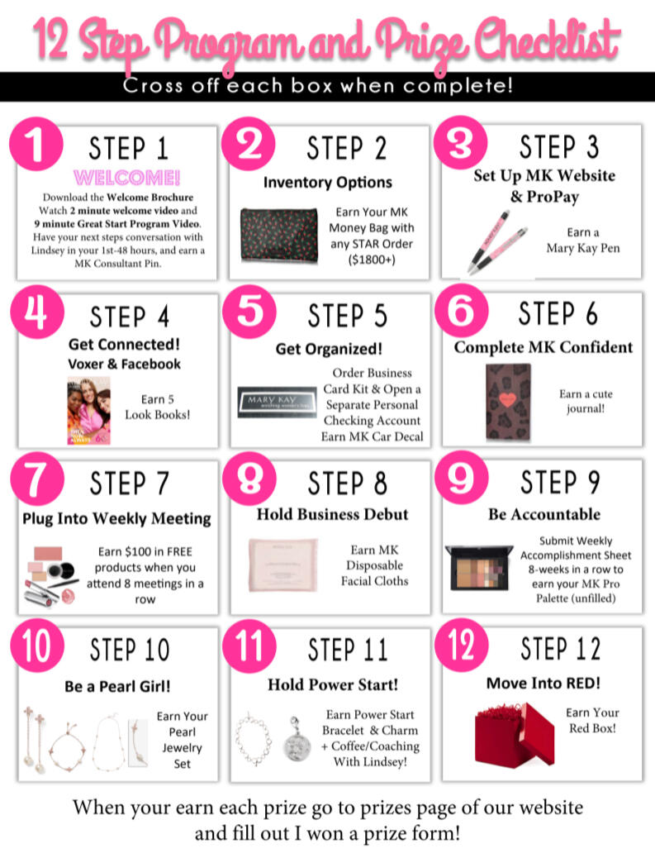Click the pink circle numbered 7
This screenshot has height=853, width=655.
point(37,479)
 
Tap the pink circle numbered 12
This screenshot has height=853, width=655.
point(461,646)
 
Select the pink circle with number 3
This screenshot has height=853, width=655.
point(460,142)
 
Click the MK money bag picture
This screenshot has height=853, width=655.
point(279,236)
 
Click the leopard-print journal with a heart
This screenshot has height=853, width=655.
point(508,402)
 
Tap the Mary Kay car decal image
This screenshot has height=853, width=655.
point(277,403)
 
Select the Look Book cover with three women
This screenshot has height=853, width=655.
point(88,411)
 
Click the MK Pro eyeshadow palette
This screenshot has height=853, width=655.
point(478,568)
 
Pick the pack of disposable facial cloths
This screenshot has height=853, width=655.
point(282,565)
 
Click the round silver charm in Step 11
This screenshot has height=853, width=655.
point(297,739)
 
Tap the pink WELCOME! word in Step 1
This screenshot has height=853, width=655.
point(126,178)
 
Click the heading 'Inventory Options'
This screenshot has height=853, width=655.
point(328,182)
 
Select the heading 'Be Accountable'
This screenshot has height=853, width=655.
point(544,514)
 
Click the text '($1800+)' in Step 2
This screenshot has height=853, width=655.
point(372,260)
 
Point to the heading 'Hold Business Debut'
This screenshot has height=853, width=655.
point(332,514)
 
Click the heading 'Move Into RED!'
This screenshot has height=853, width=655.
point(543,683)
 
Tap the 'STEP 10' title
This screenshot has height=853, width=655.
point(130,650)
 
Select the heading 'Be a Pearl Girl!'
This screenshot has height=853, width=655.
point(117,686)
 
